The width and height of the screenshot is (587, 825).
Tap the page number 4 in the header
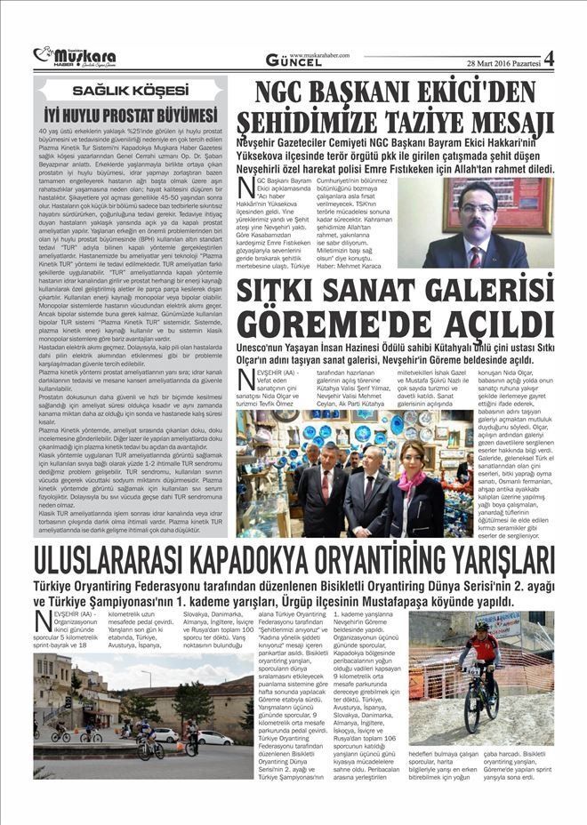[548, 59]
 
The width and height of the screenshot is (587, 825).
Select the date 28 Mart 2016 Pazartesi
[502, 62]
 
